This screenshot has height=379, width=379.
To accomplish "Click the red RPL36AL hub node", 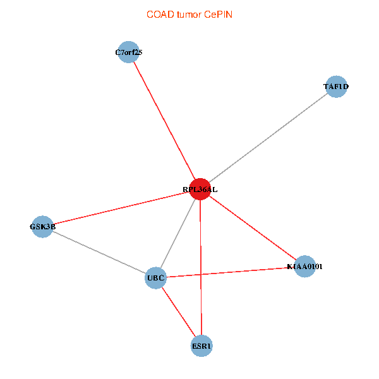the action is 200,189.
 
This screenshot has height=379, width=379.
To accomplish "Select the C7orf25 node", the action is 129,52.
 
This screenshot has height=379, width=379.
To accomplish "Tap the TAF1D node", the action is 336,87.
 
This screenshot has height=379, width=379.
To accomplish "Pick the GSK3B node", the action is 42,227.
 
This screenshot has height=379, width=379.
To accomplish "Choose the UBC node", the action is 155,278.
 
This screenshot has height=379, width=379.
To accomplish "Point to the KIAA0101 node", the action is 305,267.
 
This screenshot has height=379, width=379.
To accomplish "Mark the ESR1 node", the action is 202,346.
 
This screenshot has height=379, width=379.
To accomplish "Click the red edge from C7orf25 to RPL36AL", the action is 164,121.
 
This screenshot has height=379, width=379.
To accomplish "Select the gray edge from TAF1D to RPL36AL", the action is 268,138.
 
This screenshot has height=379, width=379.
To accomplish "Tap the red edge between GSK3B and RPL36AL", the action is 121,208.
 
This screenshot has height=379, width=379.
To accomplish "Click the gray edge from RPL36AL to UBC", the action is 178,234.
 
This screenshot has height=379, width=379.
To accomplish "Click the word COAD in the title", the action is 160,15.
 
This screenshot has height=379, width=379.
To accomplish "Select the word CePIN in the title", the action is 219,15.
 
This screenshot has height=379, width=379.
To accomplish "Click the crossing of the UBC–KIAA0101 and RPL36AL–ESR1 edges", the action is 201,274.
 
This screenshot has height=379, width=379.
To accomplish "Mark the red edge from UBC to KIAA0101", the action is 230,272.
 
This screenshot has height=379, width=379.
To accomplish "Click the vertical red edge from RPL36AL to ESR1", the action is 201,268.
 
